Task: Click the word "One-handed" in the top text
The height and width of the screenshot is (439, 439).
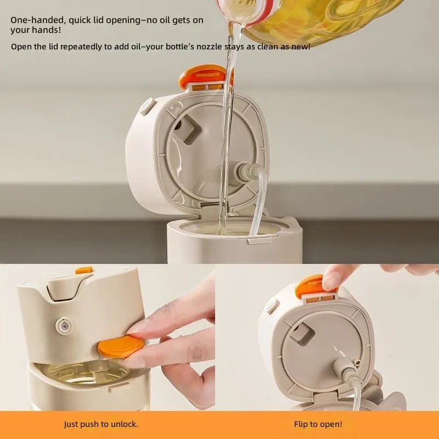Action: tap(37, 20)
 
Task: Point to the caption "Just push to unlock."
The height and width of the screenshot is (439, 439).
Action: tap(101, 424)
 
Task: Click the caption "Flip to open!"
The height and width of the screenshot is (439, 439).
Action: tap(318, 424)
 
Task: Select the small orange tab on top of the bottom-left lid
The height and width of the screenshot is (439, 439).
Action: tap(84, 270)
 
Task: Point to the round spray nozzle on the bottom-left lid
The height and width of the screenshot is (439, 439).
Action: tap(64, 325)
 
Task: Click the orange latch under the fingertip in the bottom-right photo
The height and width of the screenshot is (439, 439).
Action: tap(313, 286)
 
